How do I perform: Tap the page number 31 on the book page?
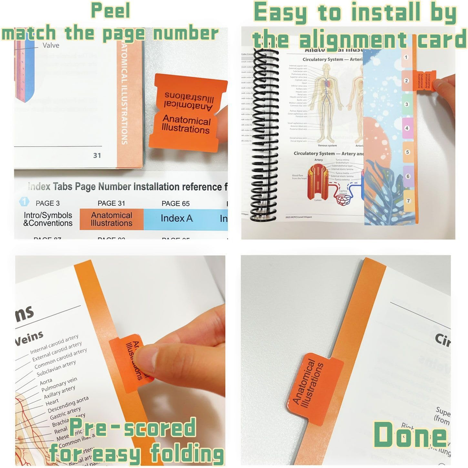[x=97, y=156]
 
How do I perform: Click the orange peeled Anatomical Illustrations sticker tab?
[x=187, y=112]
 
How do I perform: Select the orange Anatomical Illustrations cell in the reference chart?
[x=112, y=219]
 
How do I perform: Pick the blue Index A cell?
[x=176, y=218]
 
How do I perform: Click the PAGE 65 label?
[x=175, y=203]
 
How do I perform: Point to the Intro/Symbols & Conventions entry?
[x=48, y=219]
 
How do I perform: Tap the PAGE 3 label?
[x=48, y=203]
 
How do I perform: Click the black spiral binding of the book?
[x=263, y=132]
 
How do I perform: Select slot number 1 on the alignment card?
[x=406, y=58]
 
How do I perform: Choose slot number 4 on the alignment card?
[x=407, y=128]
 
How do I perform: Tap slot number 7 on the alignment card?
[x=408, y=200]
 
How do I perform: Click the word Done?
[x=410, y=435]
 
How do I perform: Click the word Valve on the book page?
[x=51, y=45]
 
